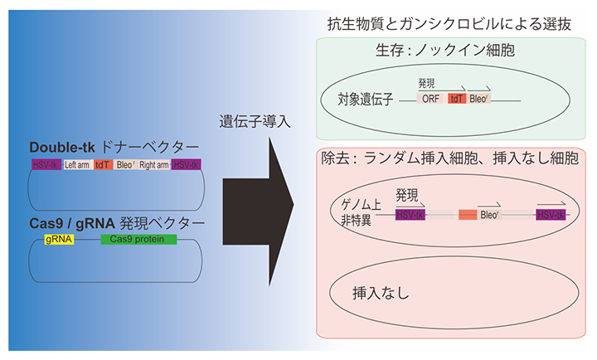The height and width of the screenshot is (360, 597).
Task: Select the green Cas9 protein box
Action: click(x=138, y=240)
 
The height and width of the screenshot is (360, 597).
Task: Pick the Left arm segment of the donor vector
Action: click(x=78, y=164)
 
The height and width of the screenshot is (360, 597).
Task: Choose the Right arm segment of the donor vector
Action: click(x=153, y=164)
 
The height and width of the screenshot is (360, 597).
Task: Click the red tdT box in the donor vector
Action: click(x=103, y=164)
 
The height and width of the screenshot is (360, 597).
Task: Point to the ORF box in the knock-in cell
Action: click(x=430, y=99)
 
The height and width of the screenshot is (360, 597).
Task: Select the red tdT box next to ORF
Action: click(x=455, y=99)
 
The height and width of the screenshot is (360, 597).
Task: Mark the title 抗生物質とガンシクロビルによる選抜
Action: click(x=456, y=20)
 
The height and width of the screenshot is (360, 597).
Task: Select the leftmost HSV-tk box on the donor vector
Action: click(x=46, y=164)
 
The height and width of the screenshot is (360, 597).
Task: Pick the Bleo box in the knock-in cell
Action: click(x=479, y=99)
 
